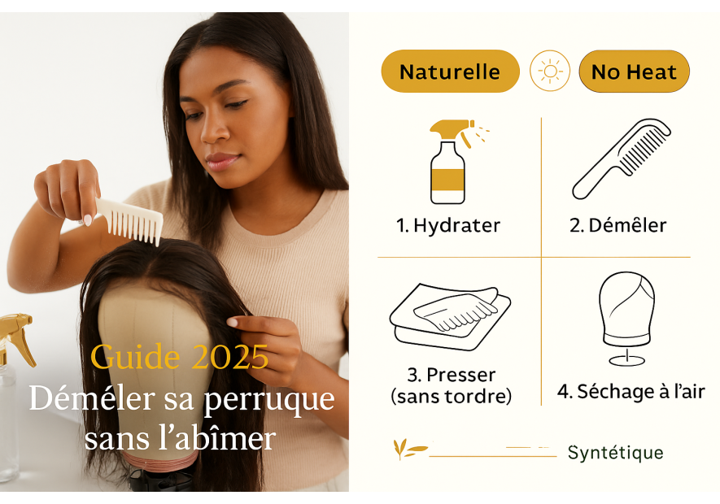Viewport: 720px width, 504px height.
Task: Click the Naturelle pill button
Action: tap(450, 72)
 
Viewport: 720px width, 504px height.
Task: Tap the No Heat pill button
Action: tap(634, 72)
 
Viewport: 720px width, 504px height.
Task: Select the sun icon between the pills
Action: tap(550, 72)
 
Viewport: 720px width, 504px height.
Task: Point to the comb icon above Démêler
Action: tap(622, 158)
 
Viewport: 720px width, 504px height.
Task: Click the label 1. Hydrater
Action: tap(448, 225)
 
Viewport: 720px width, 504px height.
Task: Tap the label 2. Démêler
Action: tap(617, 225)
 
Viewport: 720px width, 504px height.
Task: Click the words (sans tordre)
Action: tap(451, 397)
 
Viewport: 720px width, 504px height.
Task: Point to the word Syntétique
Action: tap(615, 453)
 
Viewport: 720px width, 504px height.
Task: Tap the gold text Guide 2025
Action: tap(179, 357)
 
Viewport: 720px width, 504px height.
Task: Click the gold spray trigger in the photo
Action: tap(15, 333)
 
